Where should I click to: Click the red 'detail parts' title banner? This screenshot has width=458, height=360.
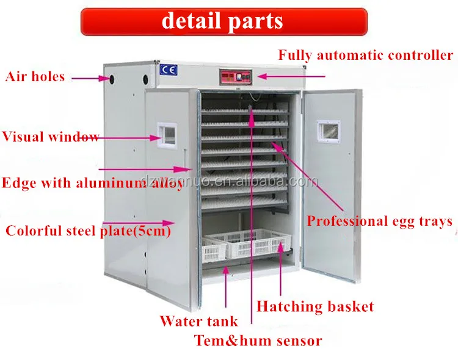[224, 21]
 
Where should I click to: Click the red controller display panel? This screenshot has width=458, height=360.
[235, 77]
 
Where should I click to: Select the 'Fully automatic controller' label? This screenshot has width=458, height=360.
[366, 55]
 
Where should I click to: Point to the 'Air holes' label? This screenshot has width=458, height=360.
[35, 77]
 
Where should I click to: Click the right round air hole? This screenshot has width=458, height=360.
[146, 79]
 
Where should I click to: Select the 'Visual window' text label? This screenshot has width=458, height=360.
[50, 136]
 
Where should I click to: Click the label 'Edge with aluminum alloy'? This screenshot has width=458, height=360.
[92, 183]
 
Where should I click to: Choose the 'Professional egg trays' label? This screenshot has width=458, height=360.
[379, 220]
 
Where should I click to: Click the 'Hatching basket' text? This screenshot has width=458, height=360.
[314, 306]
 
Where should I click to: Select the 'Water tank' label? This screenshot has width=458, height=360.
[198, 320]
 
